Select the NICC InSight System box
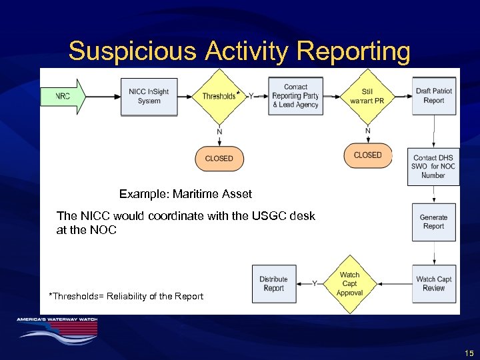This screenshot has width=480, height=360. coord(149,96)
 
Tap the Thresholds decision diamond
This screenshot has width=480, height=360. coord(219,96)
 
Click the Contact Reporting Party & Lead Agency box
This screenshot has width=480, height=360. coord(295,96)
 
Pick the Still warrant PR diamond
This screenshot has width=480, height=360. coord(367,96)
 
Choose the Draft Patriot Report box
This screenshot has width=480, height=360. coord(433,96)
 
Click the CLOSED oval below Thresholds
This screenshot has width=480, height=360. coord(219,159)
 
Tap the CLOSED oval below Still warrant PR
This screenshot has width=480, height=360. coord(368,155)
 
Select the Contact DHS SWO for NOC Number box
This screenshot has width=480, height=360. coord(433,167)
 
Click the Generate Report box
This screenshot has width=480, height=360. coord(433,222)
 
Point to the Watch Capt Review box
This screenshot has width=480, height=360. coord(433,284)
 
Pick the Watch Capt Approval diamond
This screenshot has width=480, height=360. coord(349,284)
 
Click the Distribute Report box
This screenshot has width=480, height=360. coord(273,284)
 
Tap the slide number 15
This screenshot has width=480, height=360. coord(469,353)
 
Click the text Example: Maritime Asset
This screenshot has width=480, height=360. coord(185,195)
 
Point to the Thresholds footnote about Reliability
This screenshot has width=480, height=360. coord(126,296)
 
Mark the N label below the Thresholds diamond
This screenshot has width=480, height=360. coord(219,131)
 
